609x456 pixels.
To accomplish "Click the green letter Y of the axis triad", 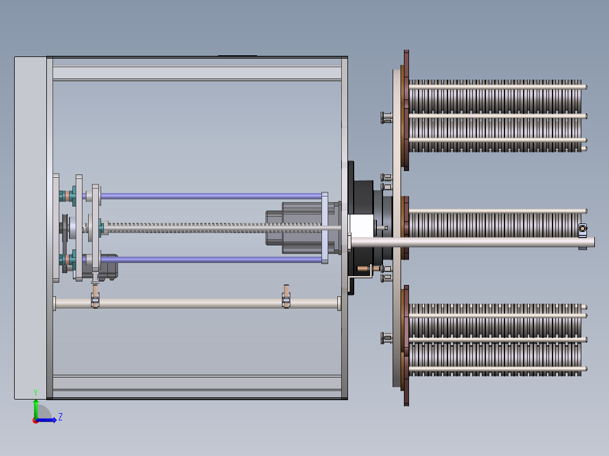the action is click(x=36, y=393).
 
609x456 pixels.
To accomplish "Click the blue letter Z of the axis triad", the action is click(x=60, y=417).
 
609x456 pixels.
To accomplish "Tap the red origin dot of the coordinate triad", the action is click(x=36, y=420).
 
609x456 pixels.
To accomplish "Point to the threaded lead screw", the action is click(x=214, y=228).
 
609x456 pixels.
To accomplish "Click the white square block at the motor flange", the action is click(x=362, y=226).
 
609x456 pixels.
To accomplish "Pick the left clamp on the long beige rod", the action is click(x=95, y=297).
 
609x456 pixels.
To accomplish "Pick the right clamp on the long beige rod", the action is click(x=286, y=296).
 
